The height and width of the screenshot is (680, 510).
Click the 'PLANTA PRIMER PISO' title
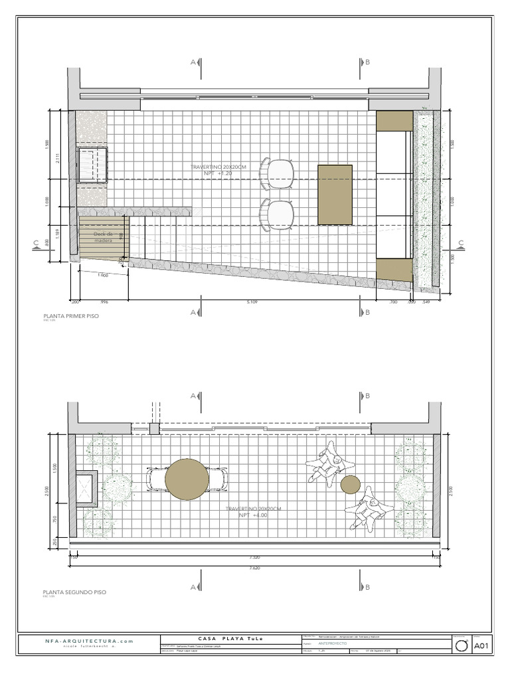(x=70, y=316)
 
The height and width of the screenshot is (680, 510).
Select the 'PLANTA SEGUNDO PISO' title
(x=74, y=591)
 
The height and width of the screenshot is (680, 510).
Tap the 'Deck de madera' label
(x=103, y=237)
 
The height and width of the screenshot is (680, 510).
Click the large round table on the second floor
(x=187, y=478)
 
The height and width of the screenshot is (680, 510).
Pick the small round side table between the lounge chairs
(x=350, y=485)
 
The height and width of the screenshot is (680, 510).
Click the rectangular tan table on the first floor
(x=335, y=195)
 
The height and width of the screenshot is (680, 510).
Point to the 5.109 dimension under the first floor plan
(x=252, y=301)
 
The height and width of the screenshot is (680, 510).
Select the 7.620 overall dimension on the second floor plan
(x=254, y=568)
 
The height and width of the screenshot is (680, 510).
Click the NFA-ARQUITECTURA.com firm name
(x=90, y=641)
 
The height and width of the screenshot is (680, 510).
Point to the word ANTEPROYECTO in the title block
(x=333, y=643)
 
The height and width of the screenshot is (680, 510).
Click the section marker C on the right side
(x=460, y=244)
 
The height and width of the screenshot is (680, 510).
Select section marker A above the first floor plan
(x=194, y=62)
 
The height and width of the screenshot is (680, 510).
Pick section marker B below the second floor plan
(x=367, y=587)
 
